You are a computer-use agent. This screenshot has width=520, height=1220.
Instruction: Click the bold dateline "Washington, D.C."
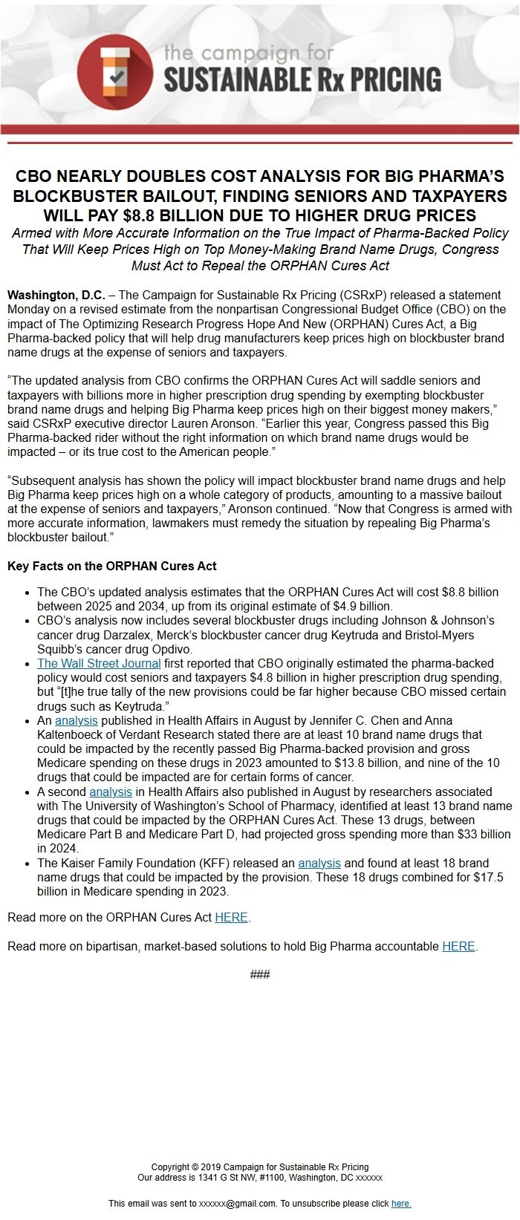56,295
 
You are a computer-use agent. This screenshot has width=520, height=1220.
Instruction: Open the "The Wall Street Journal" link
99,663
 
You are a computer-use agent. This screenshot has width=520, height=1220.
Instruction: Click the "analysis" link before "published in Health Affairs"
76,720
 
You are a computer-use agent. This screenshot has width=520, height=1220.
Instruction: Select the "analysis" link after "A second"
110,792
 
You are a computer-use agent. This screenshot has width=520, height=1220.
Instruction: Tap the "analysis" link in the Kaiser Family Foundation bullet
319,863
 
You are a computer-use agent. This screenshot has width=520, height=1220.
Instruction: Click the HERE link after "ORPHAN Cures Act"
231,917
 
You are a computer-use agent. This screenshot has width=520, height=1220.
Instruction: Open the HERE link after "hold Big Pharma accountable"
458,946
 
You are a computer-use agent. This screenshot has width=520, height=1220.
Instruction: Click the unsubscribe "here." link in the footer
401,1204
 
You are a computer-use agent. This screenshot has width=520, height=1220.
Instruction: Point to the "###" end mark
260,974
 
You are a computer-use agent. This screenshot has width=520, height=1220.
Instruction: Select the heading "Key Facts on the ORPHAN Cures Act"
112,566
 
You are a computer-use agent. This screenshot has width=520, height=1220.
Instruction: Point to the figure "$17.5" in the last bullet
488,877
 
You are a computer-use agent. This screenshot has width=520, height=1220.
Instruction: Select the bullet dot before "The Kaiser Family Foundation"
27,864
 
